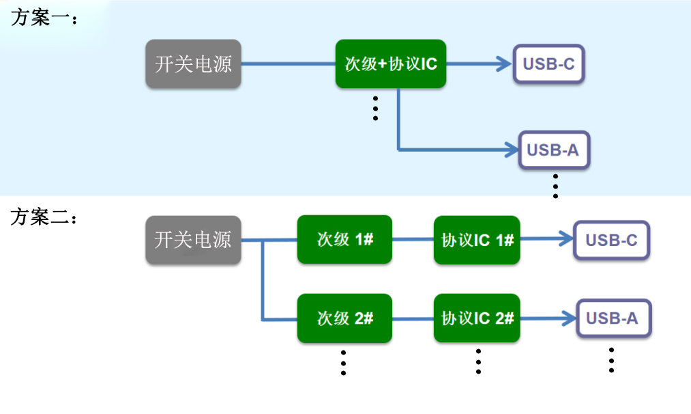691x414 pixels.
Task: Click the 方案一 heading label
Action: click(44, 18)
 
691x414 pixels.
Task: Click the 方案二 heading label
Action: click(44, 217)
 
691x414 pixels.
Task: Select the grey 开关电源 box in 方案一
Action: click(194, 64)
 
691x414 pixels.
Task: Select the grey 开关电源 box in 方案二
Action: click(193, 240)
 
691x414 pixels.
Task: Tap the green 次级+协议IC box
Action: click(390, 64)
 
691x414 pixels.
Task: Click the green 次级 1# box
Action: click(344, 240)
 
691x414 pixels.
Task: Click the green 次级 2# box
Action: click(344, 318)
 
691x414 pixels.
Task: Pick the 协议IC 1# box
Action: click(477, 240)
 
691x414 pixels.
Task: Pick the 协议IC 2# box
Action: click(477, 318)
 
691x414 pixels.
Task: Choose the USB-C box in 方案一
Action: click(549, 64)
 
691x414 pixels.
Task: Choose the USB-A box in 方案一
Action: click(553, 150)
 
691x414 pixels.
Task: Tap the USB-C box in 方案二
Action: click(611, 240)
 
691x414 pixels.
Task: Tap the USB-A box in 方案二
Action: click(613, 318)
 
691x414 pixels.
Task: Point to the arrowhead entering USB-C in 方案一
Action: click(504, 64)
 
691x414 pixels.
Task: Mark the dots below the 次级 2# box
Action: click(343, 363)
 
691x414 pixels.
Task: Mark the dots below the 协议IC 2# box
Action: click(478, 361)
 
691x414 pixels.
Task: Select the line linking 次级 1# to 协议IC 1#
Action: click(413, 240)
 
